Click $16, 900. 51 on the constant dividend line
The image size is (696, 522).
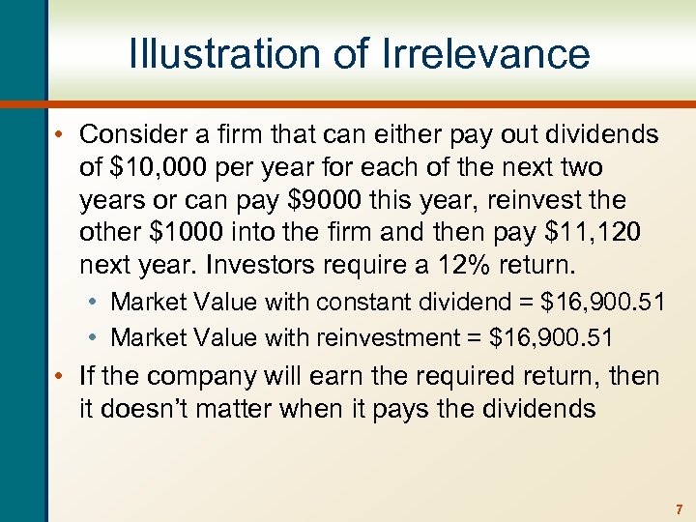click(x=602, y=302)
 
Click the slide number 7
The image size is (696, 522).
click(x=680, y=508)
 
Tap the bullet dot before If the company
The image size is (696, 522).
click(x=61, y=376)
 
